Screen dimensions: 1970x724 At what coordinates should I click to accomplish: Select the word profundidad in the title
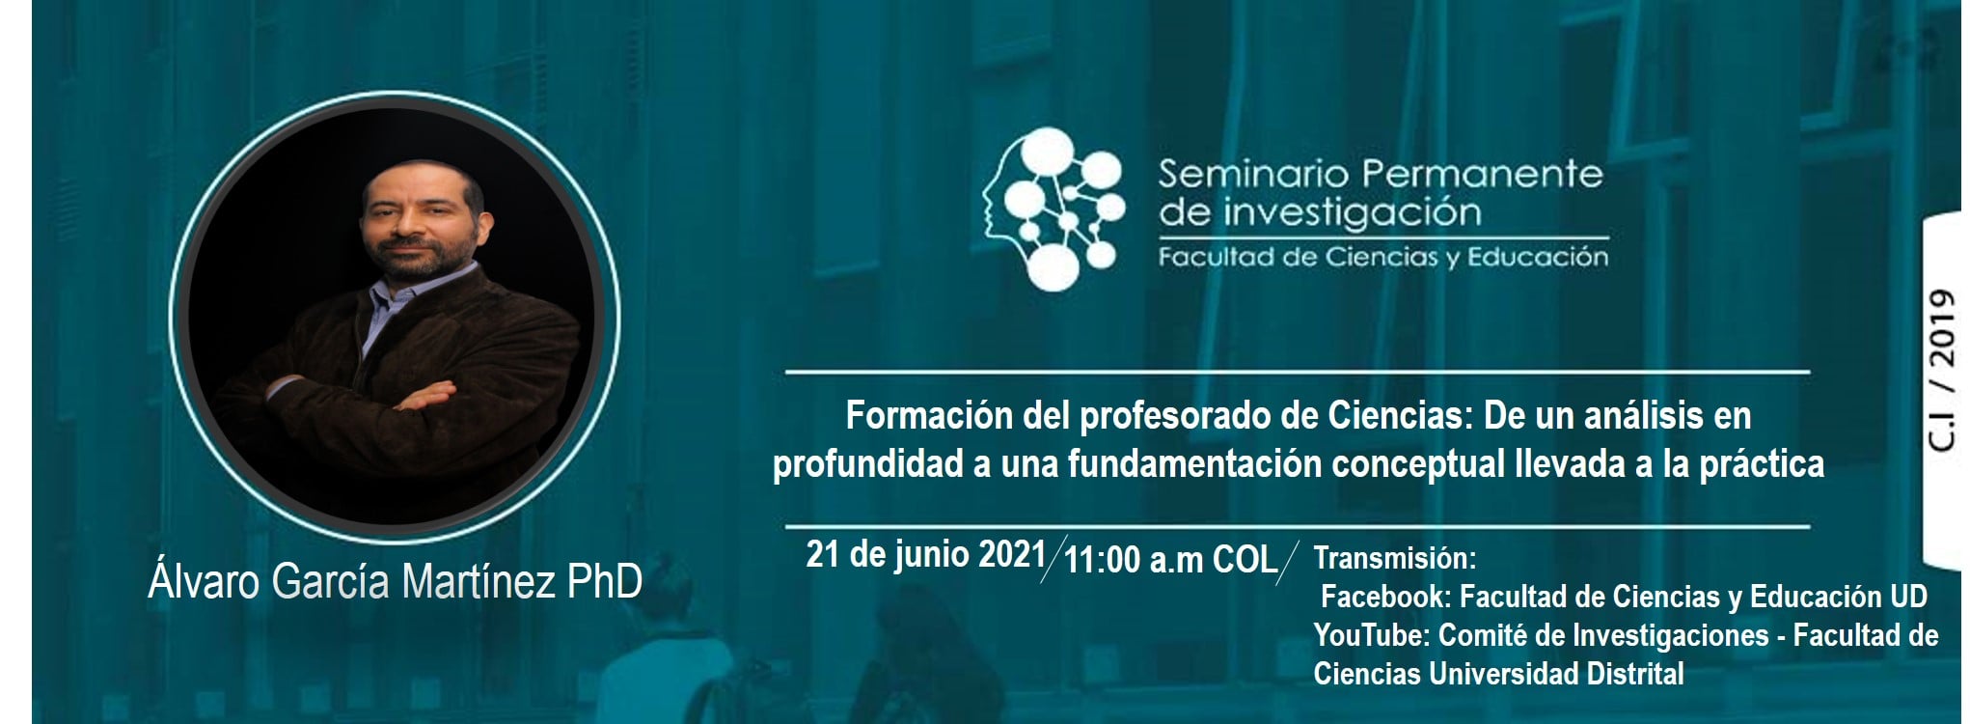click(x=863, y=465)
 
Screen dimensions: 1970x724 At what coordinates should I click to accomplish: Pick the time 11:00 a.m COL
click(x=1170, y=561)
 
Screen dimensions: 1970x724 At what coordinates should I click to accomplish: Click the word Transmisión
click(x=1395, y=559)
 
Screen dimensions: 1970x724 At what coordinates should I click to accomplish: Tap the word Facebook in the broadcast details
click(x=1384, y=598)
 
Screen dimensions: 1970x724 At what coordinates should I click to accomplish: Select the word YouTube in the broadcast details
click(x=1374, y=636)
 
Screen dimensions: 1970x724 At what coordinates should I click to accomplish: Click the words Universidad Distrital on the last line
click(x=1556, y=674)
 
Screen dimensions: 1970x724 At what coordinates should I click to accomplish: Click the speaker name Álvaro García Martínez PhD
click(x=396, y=583)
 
